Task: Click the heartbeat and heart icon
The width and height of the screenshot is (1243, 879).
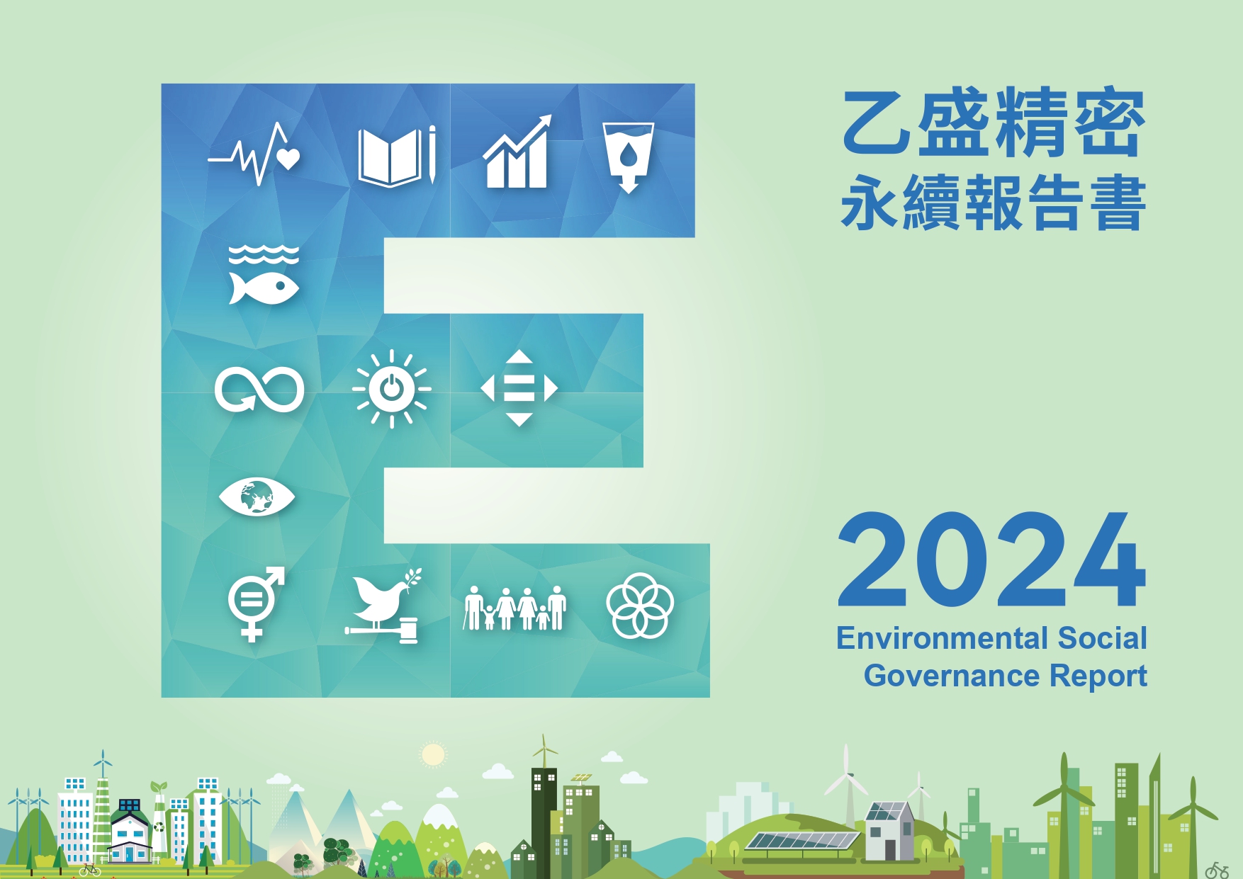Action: point(254,154)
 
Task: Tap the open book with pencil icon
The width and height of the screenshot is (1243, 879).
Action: point(397,157)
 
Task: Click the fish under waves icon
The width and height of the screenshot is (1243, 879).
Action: point(264,275)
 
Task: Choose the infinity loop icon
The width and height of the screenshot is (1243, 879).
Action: point(259,389)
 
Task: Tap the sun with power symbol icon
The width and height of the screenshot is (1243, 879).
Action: point(391,389)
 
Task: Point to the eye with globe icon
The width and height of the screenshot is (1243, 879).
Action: point(257,497)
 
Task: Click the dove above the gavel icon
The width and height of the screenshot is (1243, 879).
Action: point(383,606)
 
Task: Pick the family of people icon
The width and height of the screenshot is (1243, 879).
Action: point(515,608)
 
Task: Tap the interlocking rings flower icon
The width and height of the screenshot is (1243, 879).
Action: point(640,606)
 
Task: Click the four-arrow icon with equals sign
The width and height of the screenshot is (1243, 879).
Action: point(519,388)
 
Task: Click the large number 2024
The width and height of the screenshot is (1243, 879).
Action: point(991,560)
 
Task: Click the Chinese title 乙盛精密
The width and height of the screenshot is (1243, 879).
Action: point(994,123)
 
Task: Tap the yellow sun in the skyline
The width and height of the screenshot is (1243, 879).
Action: point(432,755)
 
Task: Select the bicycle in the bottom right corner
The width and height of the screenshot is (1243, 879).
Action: point(1217,871)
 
